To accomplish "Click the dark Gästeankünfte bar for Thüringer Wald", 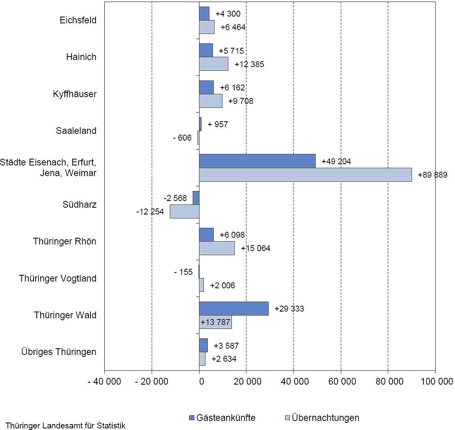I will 233,308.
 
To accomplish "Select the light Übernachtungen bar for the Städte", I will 305,175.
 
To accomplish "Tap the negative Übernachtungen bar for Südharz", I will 184,212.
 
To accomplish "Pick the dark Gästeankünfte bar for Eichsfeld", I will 204,13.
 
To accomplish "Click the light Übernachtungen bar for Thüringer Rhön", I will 216,248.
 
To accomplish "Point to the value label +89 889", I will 432,175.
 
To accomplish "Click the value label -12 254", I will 150,212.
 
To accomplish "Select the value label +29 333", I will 289,309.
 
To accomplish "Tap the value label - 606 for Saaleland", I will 182,138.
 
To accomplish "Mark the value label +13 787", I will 215,322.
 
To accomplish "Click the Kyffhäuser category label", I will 75,94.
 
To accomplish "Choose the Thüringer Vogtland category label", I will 58,278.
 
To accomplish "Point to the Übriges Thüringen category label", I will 59,352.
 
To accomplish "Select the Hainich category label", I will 81,57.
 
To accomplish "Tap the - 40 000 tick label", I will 104,381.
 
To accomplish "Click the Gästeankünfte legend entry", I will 222,418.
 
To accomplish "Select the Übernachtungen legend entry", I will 322,418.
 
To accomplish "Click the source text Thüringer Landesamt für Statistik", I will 66,426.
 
